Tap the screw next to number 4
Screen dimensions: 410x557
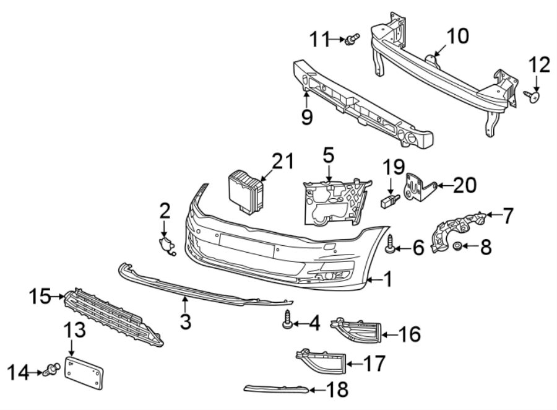288,322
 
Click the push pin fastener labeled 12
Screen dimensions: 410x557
534,96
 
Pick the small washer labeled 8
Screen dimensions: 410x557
457,248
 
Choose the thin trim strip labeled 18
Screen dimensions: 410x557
275,389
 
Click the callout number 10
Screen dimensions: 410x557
458,37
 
